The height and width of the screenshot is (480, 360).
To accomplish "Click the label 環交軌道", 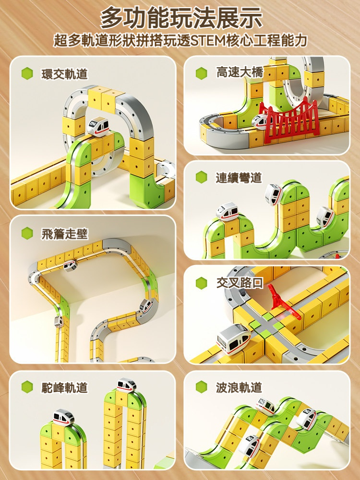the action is pos(65,74).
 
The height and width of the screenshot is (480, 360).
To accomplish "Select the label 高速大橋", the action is pos(240,73).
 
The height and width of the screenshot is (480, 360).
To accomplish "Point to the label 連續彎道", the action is pos(239,178).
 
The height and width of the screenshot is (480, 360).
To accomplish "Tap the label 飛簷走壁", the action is pos(65,234).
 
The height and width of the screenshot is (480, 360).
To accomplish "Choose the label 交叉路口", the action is pos(240,283).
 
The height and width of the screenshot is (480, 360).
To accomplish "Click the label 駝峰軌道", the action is pos(65,387).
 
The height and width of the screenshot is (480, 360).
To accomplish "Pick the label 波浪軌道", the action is pos(239,387).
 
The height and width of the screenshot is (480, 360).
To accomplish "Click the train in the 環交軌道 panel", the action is pos(98,126).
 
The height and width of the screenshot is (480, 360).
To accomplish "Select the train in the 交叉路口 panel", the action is pos(234,339).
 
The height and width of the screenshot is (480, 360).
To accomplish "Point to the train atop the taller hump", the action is pos(127,385).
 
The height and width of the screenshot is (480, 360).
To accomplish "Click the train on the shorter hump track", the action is pos(63,417).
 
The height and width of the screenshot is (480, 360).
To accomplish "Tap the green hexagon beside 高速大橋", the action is pos(202,73).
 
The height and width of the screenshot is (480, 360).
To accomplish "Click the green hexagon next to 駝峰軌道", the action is pos(27,387).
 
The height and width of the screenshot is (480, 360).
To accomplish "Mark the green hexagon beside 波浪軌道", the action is pos(202,387).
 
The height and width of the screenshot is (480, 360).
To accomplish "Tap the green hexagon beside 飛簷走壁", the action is pos(27,234).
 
